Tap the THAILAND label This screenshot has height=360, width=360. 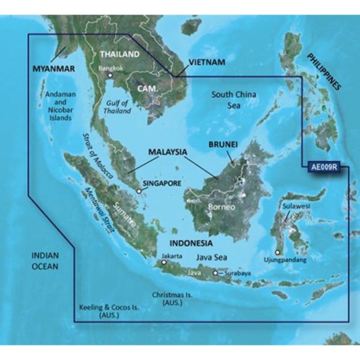tap(119, 55)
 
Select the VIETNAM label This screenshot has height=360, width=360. tap(206, 62)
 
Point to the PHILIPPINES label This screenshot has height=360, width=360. tap(323, 72)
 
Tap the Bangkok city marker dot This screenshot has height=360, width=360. tap(111, 75)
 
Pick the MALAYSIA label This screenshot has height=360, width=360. tap(168, 152)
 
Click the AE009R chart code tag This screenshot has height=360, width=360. tap(323, 167)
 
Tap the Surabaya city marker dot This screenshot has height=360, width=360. tap(215, 273)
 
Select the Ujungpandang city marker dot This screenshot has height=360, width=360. tap(277, 253)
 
